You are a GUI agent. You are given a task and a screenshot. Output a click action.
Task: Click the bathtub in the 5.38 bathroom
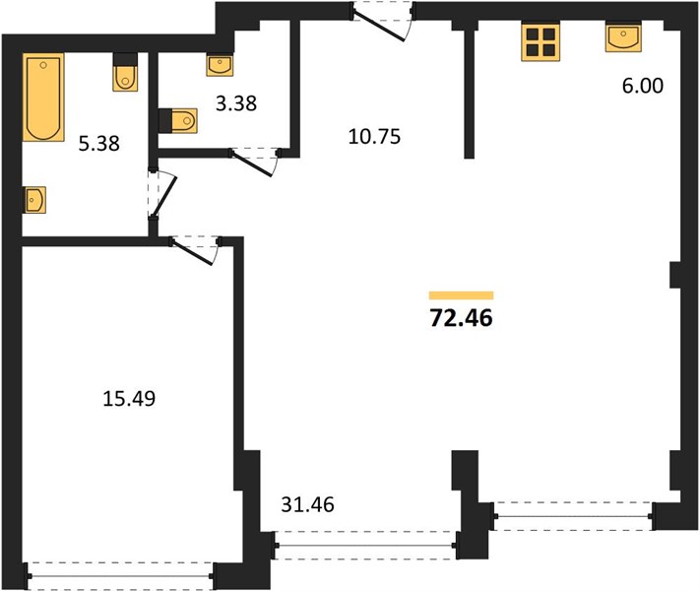coord(43,97)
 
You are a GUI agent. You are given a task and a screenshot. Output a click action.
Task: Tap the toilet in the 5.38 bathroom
coord(125,72)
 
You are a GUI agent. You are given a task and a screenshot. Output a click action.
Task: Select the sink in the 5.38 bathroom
coord(34,200)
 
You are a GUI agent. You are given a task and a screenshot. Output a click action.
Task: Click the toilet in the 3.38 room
coord(177,120)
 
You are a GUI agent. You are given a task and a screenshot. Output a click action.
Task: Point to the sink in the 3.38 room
coord(220,65)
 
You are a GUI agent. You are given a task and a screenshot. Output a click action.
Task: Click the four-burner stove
coord(541,42)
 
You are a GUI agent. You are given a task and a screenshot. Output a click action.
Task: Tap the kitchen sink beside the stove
coord(623,37)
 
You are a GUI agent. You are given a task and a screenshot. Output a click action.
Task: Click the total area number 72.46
coord(461,318)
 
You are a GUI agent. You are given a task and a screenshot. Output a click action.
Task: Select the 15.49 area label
coord(129,399)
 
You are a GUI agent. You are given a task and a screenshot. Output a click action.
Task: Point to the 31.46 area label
coord(307,504)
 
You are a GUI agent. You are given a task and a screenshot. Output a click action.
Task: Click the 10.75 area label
coord(374,137)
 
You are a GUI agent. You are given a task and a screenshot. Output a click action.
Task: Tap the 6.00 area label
coord(643,86)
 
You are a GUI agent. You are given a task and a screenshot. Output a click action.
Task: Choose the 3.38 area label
coord(236,103)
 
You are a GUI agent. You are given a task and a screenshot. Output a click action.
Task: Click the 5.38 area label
coord(99,144)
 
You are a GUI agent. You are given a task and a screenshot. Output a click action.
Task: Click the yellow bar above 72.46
coord(461,295)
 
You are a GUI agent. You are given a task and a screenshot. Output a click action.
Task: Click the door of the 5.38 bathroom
coord(161,194)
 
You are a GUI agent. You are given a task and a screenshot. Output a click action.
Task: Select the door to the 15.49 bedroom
coord(195,249)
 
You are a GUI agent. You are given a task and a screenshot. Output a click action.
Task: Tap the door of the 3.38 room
coord(254,161)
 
